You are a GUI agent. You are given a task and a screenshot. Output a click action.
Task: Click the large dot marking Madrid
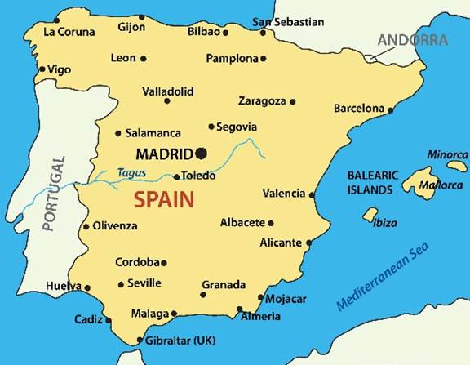(202, 153)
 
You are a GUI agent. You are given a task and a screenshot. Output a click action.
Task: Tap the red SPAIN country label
(163, 198)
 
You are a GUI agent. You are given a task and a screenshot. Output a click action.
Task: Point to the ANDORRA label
(412, 39)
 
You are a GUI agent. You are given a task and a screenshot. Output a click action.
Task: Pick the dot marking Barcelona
(391, 109)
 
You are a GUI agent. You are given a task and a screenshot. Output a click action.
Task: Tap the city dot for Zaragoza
(293, 102)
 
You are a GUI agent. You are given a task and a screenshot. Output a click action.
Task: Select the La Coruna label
(69, 32)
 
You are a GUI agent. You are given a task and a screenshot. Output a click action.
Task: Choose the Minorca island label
(447, 155)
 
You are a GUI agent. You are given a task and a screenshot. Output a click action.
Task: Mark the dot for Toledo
(176, 176)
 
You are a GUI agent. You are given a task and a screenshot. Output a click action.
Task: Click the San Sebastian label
(288, 22)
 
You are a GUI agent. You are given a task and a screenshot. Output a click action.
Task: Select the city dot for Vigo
(42, 70)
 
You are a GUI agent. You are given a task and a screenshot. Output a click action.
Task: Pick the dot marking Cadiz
(109, 320)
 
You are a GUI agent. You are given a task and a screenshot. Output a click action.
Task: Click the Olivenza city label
(115, 226)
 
